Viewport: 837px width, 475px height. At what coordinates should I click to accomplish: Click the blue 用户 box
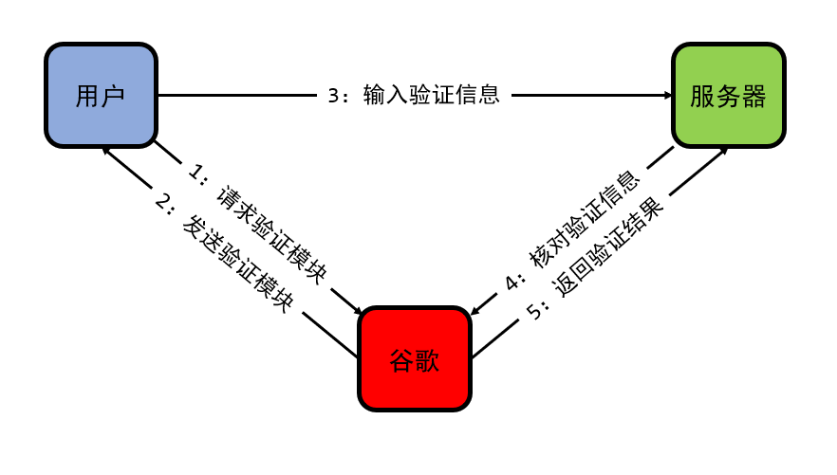point(101,96)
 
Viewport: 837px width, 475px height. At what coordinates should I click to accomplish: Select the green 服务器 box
point(728,96)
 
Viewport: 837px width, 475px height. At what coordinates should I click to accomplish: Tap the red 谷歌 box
point(415,359)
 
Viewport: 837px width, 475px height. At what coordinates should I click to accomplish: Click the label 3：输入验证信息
point(414,96)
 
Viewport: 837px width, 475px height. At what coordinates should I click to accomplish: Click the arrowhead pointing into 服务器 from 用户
point(666,96)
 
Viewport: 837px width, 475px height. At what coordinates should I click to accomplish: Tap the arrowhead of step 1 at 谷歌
point(356,309)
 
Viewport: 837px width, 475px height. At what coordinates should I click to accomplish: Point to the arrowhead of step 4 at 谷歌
point(477,308)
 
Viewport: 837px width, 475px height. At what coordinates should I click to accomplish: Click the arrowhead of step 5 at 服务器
point(721,152)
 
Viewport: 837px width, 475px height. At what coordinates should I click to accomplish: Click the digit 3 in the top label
point(333,96)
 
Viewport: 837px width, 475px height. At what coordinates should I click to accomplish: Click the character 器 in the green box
point(753,96)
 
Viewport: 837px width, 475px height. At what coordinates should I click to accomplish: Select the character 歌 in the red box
point(428,359)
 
